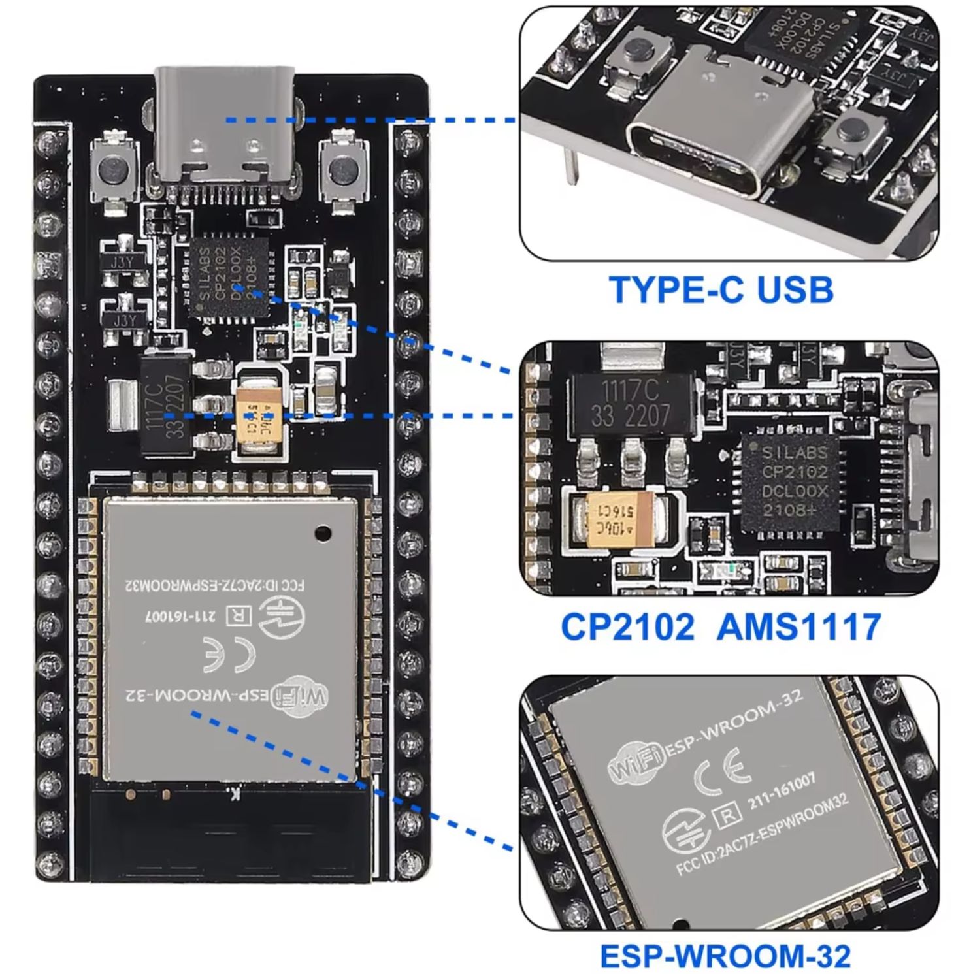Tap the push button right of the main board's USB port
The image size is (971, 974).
[341, 170]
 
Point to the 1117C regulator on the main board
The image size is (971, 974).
[166, 404]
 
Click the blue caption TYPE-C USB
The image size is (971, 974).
[721, 290]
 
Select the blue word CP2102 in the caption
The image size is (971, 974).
[627, 627]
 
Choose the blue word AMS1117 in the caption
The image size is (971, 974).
[798, 627]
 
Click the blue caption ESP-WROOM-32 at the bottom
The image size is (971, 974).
[725, 956]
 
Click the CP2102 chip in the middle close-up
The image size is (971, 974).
[793, 482]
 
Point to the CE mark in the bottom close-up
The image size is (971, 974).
[721, 771]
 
